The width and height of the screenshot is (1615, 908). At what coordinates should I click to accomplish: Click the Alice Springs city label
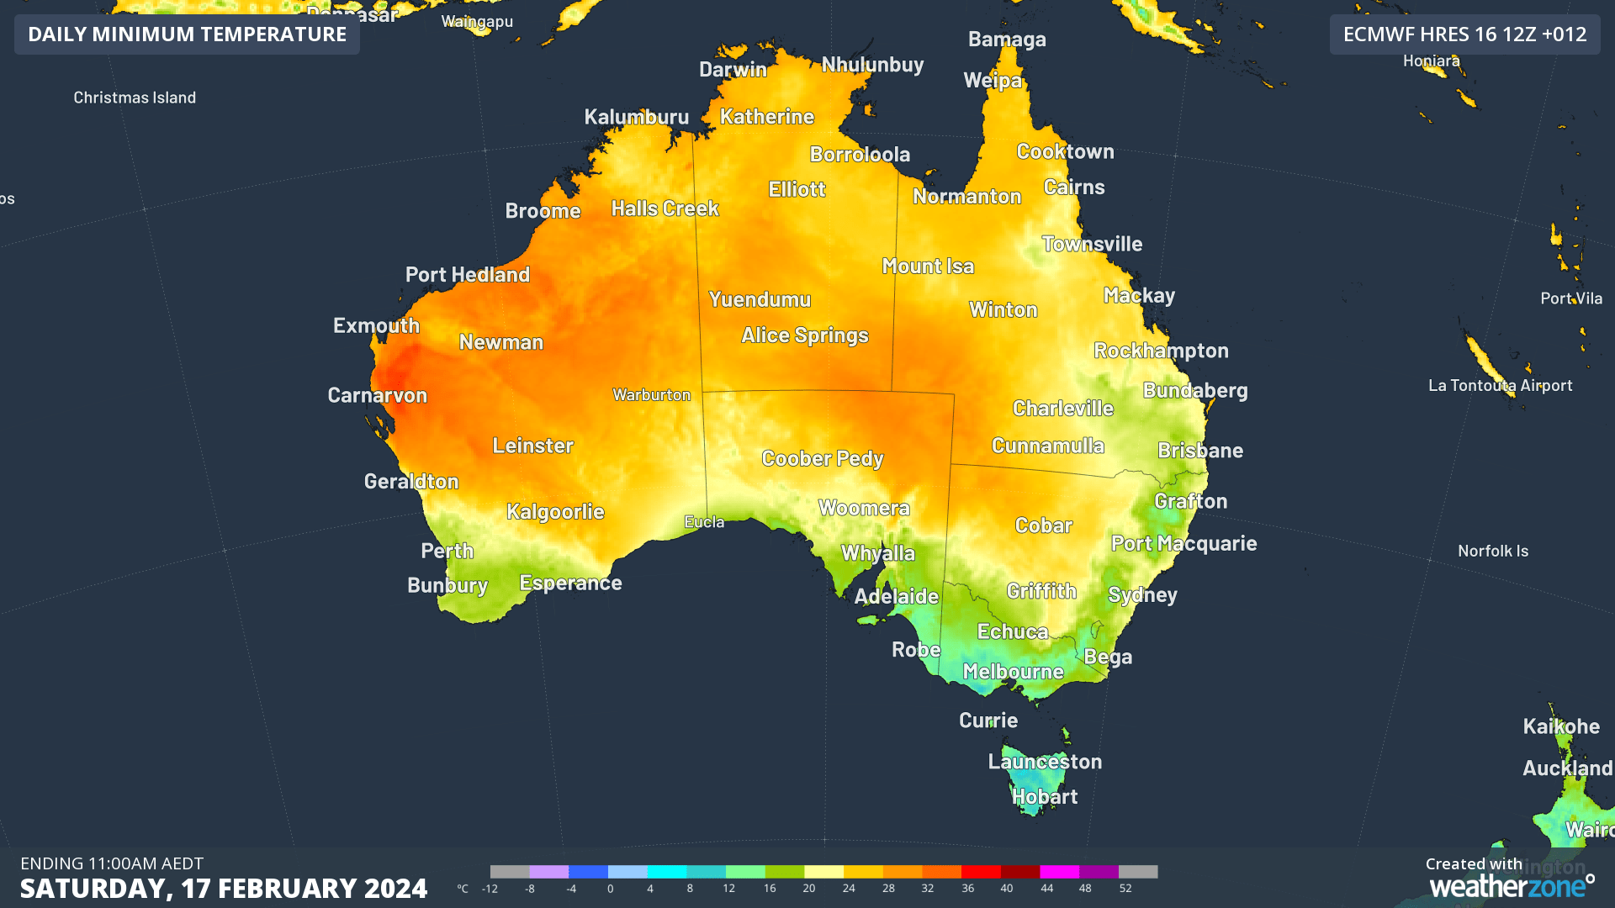tap(804, 335)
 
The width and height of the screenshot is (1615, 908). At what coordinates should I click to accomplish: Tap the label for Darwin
tap(733, 70)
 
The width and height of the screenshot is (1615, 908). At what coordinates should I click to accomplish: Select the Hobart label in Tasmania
tap(1044, 797)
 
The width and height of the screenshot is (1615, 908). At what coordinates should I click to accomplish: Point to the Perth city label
tap(447, 552)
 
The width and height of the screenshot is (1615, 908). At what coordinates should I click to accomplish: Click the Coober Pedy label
tap(822, 459)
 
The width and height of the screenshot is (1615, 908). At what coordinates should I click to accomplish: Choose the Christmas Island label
tap(135, 98)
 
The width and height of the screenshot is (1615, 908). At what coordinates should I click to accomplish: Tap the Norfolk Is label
tap(1492, 552)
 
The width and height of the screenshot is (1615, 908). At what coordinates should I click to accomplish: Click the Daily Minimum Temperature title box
tap(187, 34)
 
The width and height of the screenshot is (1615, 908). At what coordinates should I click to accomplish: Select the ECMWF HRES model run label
tap(1464, 34)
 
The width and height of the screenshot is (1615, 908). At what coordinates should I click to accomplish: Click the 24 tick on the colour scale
tap(849, 889)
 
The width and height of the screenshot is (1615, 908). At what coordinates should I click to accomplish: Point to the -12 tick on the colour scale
tap(490, 889)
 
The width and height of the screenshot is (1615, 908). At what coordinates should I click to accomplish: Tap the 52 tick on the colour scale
tap(1125, 889)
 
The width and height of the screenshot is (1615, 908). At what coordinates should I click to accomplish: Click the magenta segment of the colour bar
tap(1059, 872)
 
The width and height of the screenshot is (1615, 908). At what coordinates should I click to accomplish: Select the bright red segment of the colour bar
tap(980, 872)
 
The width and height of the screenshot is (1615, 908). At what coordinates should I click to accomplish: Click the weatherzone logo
tap(1511, 885)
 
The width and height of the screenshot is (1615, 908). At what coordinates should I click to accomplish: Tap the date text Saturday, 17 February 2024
tap(223, 889)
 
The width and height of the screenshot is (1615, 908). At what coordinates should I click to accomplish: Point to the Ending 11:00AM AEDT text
tap(112, 863)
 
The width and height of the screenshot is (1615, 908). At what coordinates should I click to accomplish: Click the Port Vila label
tap(1570, 299)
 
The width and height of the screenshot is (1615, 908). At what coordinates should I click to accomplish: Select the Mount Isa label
tap(927, 267)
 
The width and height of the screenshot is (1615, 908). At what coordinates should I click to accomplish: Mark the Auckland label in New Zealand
tap(1566, 768)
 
